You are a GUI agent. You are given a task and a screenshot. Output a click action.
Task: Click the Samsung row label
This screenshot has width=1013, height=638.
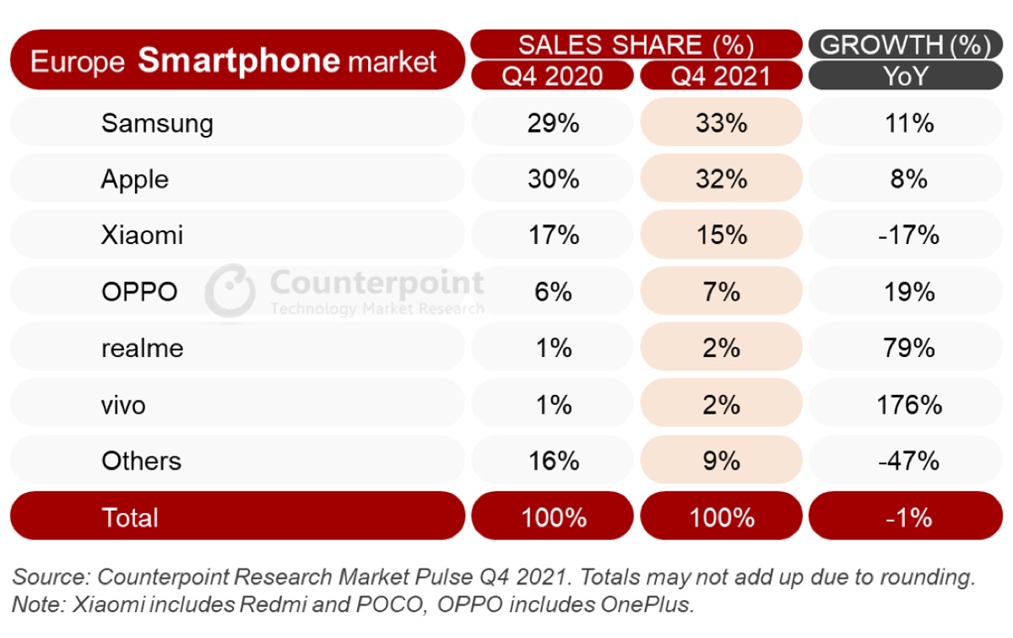pos(157,123)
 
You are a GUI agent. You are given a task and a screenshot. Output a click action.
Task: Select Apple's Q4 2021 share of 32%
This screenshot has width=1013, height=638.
pos(721,179)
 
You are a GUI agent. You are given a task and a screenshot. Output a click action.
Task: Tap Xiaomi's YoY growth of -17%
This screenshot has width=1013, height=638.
pos(908,235)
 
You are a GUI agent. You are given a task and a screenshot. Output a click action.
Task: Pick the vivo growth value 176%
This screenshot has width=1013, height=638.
pos(908,405)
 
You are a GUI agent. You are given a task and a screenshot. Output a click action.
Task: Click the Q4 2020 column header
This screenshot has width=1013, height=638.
pos(552,76)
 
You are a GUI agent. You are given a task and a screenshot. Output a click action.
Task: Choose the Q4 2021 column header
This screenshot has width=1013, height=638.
pos(721,76)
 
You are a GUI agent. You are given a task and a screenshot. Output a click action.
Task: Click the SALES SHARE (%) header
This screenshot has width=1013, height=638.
pos(636,44)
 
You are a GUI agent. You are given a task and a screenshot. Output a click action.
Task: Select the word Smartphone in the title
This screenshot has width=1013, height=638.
pos(239,60)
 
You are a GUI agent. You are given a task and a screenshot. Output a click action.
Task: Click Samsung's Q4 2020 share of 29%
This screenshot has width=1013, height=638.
pos(553,123)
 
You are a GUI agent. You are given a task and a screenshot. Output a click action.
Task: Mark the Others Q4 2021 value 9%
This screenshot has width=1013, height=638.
pos(721,461)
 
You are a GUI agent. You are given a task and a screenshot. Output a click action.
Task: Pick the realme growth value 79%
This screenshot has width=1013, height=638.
pos(908,348)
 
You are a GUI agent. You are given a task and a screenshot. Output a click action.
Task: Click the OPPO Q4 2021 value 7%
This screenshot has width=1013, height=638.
pos(721,292)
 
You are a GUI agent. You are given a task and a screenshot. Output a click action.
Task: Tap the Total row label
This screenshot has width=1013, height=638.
pos(129,516)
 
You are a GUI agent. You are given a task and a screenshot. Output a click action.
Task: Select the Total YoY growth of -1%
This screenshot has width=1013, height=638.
pos(908,516)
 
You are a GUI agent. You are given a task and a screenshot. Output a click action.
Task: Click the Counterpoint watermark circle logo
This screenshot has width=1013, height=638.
pos(230,291)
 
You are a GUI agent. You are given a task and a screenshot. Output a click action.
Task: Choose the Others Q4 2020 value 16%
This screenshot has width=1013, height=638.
pos(553,461)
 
